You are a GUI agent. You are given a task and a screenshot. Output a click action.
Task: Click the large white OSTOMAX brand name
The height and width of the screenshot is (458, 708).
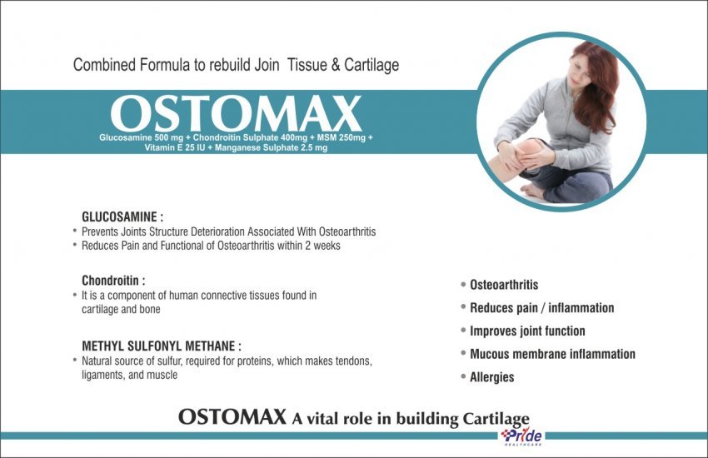[x=236, y=113]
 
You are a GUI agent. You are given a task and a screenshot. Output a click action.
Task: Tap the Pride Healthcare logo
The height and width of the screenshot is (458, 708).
[x=521, y=436]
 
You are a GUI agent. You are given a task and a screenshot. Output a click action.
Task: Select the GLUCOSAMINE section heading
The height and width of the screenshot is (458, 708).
[x=122, y=217]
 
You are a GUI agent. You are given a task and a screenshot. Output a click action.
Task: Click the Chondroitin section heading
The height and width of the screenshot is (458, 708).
[x=113, y=281]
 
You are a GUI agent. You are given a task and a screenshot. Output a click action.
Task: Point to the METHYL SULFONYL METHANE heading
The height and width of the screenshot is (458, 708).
[x=162, y=346]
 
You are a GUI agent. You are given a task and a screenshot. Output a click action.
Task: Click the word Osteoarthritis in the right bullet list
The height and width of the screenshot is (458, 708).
[x=504, y=285]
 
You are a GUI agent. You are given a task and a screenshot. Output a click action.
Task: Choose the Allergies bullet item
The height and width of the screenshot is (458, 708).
[x=491, y=377]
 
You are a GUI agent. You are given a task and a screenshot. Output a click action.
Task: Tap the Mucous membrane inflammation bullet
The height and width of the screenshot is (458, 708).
[x=552, y=354]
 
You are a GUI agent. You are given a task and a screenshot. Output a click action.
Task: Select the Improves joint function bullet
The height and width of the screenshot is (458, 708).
[x=527, y=331]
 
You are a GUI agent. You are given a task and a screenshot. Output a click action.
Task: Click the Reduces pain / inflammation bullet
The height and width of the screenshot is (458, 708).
[x=542, y=308]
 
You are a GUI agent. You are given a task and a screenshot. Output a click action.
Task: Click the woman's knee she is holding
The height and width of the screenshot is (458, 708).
[x=528, y=149]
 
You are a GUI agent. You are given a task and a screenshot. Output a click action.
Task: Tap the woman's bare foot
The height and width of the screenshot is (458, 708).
[x=534, y=191]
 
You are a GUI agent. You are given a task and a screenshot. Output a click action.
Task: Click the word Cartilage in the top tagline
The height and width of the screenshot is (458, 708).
[x=371, y=65]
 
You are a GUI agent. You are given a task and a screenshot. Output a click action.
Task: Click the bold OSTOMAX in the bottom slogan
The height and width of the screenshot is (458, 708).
[x=232, y=417]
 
